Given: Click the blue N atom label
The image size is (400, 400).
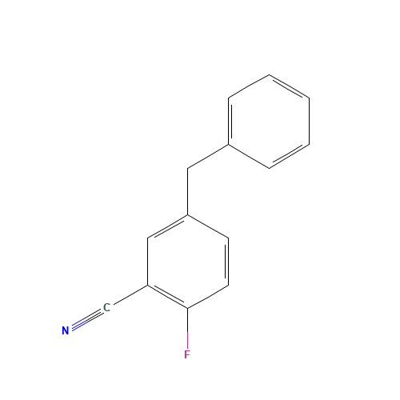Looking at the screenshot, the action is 65,330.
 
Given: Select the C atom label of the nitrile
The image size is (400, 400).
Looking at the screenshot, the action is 106,308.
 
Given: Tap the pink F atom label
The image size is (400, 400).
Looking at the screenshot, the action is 187,354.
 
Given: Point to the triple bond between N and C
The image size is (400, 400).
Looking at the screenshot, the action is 86,319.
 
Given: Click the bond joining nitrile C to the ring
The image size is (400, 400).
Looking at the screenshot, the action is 128,296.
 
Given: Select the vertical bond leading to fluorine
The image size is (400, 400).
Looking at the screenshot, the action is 187,328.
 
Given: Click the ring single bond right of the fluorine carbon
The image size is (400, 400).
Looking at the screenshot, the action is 209,296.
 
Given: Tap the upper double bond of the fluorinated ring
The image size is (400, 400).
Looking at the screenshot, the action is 168,226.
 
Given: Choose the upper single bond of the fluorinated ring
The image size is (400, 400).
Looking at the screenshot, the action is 209,226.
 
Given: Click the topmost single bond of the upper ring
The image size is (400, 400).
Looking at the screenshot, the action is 250,86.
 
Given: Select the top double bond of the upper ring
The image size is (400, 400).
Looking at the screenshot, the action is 290,86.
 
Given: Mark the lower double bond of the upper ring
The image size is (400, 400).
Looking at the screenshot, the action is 290,156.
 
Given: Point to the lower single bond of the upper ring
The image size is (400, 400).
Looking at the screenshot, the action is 250,156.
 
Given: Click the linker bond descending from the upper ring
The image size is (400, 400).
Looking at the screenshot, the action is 209,157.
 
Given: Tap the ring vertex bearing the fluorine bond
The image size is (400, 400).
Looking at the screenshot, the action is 187,308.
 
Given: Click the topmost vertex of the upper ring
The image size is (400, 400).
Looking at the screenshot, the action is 270,75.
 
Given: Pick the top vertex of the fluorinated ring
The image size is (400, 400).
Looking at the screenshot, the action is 188,214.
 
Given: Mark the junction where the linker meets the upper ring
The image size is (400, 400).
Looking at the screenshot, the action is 230,145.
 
